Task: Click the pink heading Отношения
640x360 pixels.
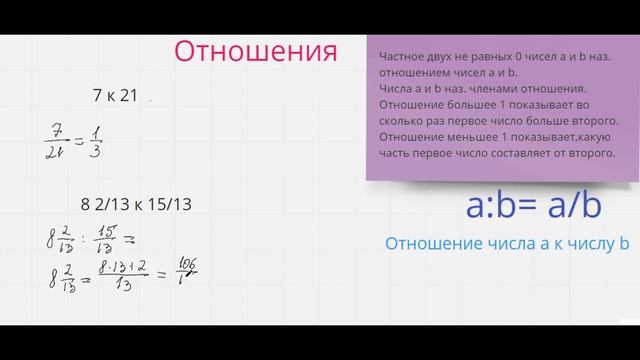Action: pyautogui.click(x=255, y=51)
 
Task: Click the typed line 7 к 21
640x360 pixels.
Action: pyautogui.click(x=114, y=95)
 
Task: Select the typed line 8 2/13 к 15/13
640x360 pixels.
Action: pyautogui.click(x=136, y=204)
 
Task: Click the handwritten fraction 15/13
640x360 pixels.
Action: pyautogui.click(x=104, y=240)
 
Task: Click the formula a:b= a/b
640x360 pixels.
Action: pyautogui.click(x=534, y=205)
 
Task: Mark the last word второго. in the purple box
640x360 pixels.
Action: pyautogui.click(x=587, y=154)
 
